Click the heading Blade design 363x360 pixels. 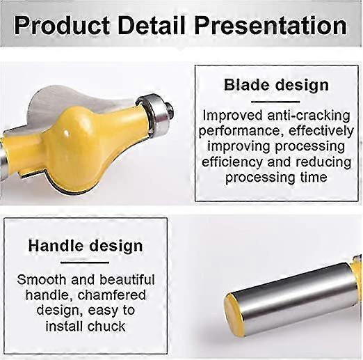tap(276, 85)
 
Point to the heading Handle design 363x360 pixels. tap(86, 246)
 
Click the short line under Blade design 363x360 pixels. tap(276, 102)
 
